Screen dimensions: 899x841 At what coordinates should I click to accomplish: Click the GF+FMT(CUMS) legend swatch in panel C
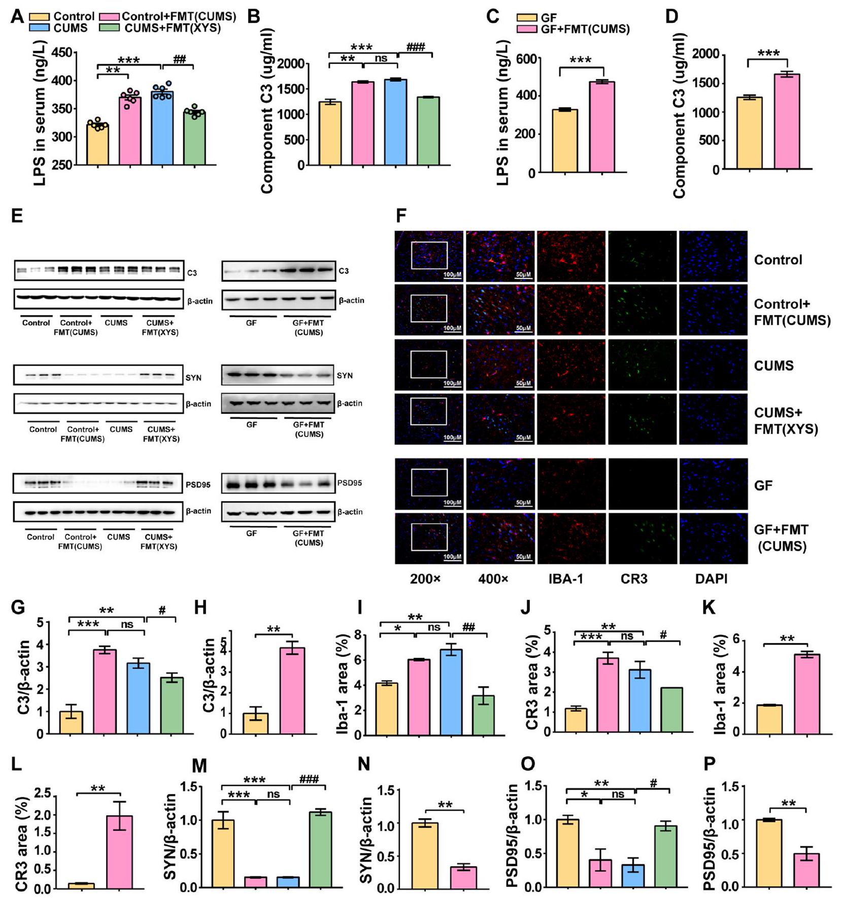(x=526, y=29)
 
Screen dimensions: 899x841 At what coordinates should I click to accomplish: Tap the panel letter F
(x=401, y=216)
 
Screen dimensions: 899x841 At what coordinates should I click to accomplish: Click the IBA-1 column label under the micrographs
(x=565, y=579)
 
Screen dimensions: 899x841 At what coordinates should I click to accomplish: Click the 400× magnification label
(x=493, y=579)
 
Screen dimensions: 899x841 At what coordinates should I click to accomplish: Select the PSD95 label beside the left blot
(x=198, y=485)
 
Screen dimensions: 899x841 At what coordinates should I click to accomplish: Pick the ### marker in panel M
(x=309, y=779)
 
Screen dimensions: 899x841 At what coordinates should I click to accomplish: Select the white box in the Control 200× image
(x=429, y=255)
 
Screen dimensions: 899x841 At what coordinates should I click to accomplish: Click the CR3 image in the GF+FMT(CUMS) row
(x=642, y=539)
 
